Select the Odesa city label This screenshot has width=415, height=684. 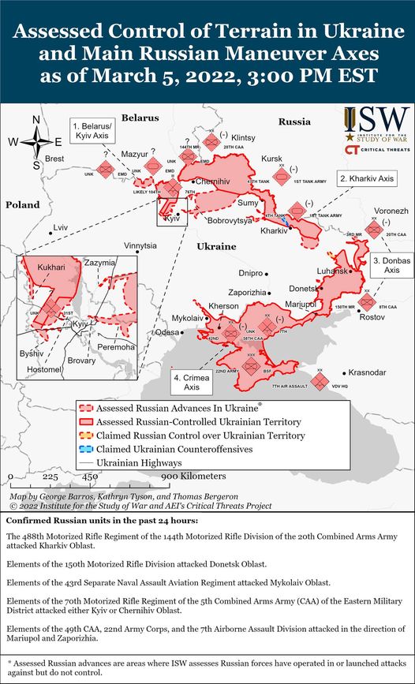point(166,332)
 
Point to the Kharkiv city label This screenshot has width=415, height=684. point(274,230)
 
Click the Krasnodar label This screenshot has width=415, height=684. point(368,372)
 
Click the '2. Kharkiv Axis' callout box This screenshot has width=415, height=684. point(365,178)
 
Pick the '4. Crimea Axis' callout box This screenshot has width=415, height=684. point(190,382)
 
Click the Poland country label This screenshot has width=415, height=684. point(22,204)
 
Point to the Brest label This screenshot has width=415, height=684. point(54,159)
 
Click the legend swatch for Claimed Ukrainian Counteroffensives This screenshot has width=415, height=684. point(86,448)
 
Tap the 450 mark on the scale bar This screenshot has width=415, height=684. point(90,477)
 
